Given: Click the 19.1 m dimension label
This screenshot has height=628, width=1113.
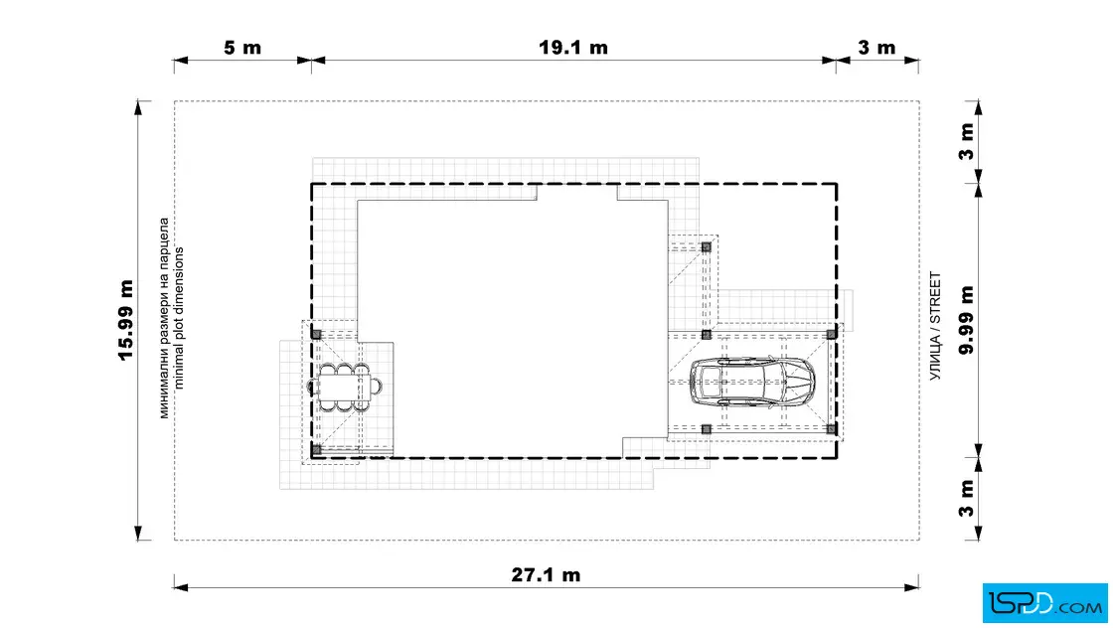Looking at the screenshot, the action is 572,48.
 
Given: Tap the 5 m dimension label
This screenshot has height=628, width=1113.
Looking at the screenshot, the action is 242,48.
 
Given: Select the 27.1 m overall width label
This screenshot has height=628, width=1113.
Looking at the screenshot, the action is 546,574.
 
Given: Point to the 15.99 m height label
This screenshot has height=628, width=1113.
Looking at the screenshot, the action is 126,320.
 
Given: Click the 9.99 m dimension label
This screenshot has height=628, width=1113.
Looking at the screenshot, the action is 966,320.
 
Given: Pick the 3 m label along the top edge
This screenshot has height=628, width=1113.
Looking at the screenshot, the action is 876,48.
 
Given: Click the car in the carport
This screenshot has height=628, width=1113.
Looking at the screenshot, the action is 752,382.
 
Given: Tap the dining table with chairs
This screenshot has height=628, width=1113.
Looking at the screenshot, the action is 344,388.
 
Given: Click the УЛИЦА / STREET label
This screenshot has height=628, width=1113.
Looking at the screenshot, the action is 935,326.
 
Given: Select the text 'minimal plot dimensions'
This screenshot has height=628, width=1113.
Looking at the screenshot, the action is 178,318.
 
